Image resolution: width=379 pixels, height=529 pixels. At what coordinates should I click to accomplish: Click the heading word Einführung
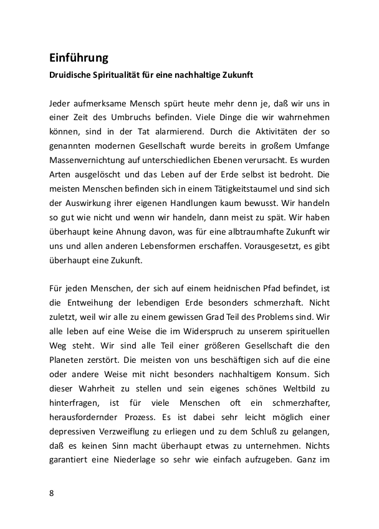click(79, 58)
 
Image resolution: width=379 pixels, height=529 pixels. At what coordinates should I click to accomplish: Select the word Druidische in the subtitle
click(71, 75)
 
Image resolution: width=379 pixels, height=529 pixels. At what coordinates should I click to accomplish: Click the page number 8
click(52, 493)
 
